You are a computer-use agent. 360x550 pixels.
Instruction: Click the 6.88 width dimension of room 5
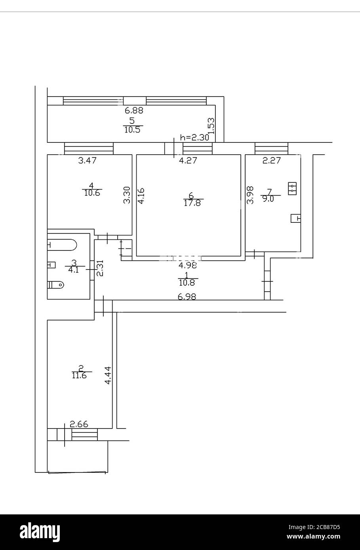[x=134, y=111]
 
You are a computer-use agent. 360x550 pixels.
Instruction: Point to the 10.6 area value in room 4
[x=92, y=193]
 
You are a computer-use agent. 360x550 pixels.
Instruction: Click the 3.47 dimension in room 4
[x=88, y=160]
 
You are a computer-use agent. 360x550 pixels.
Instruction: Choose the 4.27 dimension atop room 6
[x=188, y=160]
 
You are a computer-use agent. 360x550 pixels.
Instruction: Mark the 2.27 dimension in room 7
[x=272, y=160]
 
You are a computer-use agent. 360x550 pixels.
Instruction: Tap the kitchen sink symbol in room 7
[x=295, y=218]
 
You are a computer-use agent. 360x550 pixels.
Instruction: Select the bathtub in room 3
[x=61, y=245]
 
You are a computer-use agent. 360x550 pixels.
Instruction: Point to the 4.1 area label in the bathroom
[x=74, y=271]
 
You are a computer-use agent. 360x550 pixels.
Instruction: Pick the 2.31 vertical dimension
[x=100, y=268]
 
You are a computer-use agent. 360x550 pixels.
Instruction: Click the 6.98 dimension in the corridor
[x=187, y=296]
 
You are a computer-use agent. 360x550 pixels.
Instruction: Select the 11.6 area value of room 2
[x=79, y=376]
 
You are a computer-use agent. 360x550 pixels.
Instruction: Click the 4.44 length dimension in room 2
[x=107, y=376]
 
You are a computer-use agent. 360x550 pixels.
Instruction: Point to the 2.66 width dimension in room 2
[x=79, y=425]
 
